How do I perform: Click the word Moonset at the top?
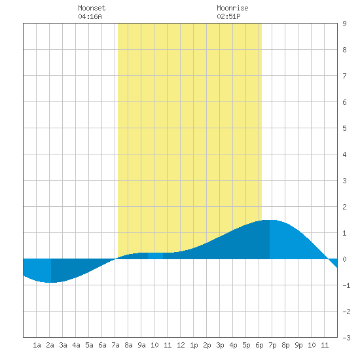pos(92,8)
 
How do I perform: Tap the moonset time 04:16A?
pos(90,16)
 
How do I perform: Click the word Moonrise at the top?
pos(232,8)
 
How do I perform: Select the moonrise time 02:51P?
pos(228,16)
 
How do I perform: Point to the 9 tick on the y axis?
pos(344,24)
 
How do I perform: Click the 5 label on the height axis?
pos(344,128)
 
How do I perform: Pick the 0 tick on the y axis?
pos(344,259)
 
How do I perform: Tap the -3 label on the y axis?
pos(346,338)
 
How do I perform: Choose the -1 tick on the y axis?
pos(346,285)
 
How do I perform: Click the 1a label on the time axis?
pos(37,345)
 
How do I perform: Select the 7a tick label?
pos(115,345)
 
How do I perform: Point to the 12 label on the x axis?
pos(181,345)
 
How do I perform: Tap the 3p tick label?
pos(220,345)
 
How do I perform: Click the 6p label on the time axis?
pos(259,345)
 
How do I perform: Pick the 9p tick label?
pos(298,345)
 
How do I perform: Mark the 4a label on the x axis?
pos(76,345)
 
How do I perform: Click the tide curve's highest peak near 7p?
pos(269,220)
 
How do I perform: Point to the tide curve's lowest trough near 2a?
pos(49,282)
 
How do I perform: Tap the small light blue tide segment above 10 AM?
pos(155,256)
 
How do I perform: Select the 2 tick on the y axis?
pos(344,207)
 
